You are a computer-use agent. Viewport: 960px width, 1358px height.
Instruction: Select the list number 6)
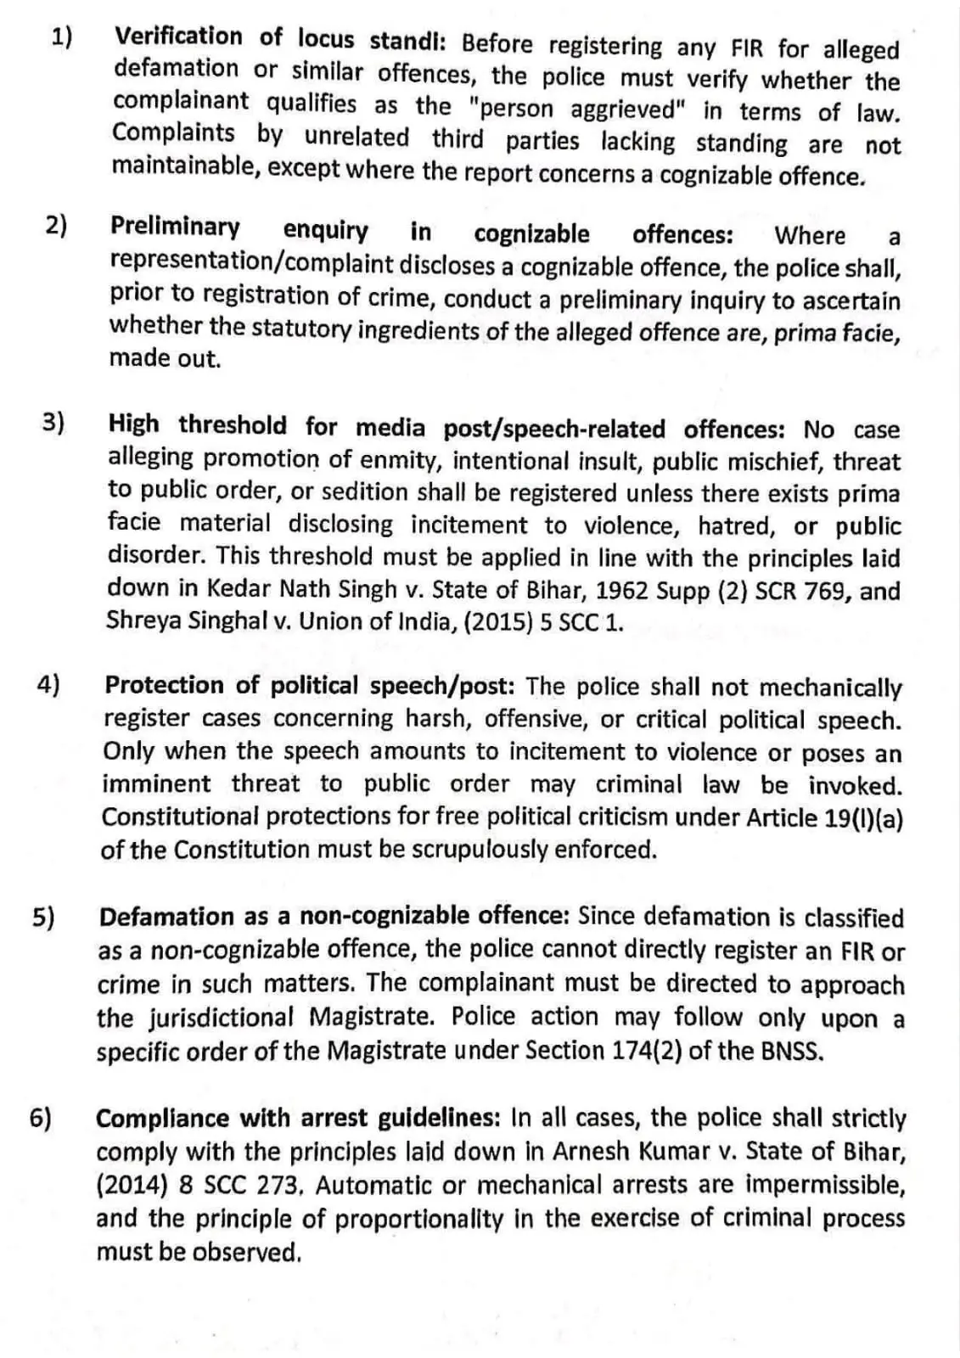[40, 1118]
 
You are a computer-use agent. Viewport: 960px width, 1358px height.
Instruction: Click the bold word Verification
[178, 37]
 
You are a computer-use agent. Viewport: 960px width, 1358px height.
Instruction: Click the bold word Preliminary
[175, 227]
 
